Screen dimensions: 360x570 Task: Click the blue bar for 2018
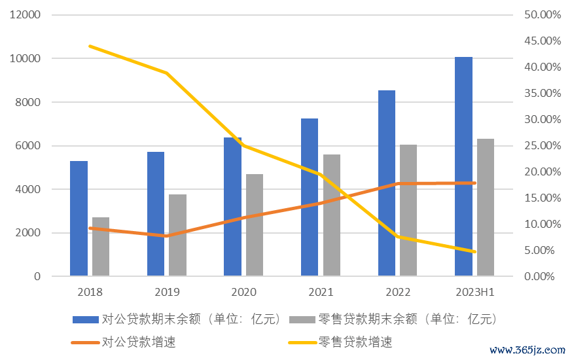click(79, 219)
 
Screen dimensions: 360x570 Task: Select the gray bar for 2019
click(177, 235)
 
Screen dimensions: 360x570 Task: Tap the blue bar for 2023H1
click(463, 166)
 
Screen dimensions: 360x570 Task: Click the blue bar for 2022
click(387, 183)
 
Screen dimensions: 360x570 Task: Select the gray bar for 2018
click(101, 246)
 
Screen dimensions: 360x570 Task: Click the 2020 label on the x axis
click(243, 292)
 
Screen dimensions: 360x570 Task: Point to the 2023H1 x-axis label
click(474, 292)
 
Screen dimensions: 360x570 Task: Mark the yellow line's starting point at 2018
click(90, 46)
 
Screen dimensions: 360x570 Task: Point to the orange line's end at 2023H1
click(474, 183)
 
